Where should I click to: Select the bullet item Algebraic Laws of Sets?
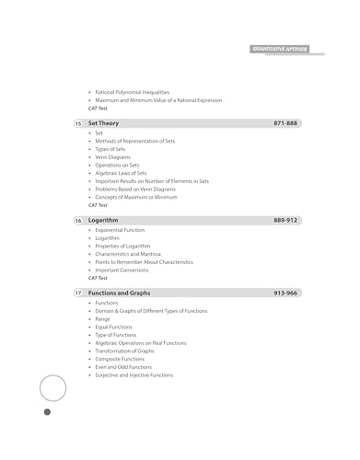click(121, 173)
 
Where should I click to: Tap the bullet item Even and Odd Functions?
click(123, 367)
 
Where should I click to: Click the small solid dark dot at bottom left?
click(47, 412)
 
